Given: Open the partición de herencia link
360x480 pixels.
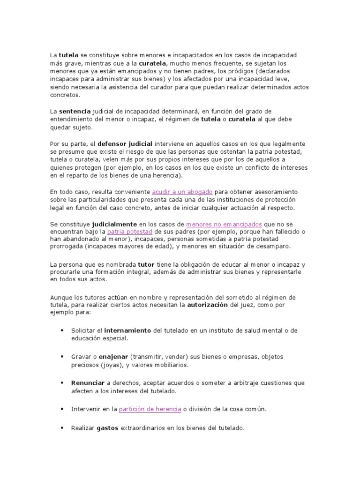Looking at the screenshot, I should (x=150, y=409).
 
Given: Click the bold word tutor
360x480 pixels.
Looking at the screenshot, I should (x=146, y=264).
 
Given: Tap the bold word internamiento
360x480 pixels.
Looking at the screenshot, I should (x=127, y=330).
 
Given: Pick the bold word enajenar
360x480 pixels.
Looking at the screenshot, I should (x=113, y=357).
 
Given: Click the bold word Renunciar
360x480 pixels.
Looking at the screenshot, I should (x=88, y=383).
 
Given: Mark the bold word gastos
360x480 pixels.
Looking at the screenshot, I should (x=107, y=428).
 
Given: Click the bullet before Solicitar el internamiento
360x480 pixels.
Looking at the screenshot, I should (x=62, y=330).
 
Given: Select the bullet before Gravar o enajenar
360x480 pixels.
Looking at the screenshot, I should (x=62, y=357).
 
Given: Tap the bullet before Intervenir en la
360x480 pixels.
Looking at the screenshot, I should (x=62, y=409).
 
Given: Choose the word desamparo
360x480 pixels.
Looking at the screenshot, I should (x=273, y=246).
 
